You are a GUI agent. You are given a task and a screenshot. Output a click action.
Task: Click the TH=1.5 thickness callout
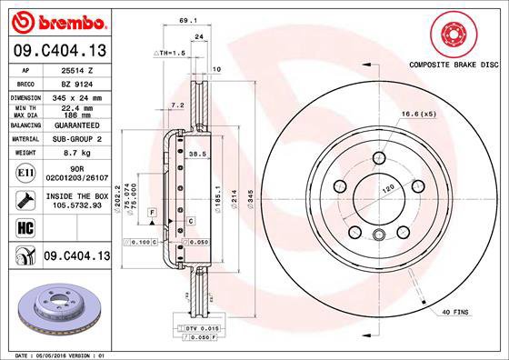tap(172, 54)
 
